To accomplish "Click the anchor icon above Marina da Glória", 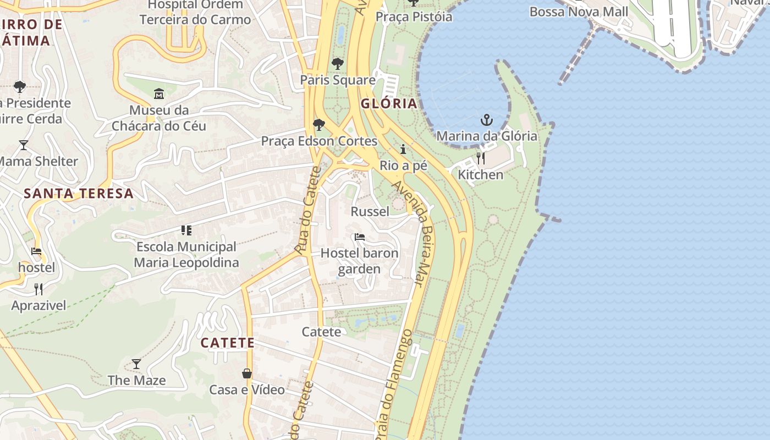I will pos(486,120).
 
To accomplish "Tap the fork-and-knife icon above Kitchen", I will pos(481,158).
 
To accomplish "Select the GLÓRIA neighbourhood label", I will pos(389,103).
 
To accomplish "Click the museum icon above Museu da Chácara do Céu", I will pos(159,94).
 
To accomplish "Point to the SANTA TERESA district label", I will pos(79,193).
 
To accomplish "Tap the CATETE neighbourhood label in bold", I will pos(228,343).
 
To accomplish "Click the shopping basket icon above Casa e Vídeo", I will pos(247,374).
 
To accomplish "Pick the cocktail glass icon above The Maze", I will pos(136,364).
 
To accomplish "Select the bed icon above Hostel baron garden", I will pos(360,237).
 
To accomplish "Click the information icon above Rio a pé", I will pos(403,149).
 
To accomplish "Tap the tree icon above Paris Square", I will pos(338,64).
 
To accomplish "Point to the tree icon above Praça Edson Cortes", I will pos(318,125).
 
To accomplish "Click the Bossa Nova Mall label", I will pos(579,12).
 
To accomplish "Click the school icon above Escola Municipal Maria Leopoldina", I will pos(186,230).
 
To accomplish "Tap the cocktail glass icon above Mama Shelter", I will pos(24,145).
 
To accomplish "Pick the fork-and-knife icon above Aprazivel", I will pos(38,289).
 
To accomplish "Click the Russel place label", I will pos(370,211).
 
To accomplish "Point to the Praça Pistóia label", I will pos(414,16).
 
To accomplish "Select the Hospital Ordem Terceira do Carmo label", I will pos(195,12).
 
